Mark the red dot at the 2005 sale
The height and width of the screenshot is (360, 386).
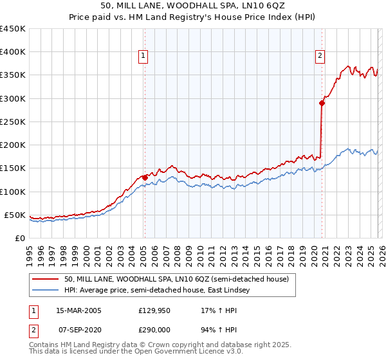coord(145,177)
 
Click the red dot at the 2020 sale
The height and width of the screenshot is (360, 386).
coord(322,102)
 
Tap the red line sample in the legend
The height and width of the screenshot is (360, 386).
coord(46,279)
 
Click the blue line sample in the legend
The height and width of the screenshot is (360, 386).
coord(46,290)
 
